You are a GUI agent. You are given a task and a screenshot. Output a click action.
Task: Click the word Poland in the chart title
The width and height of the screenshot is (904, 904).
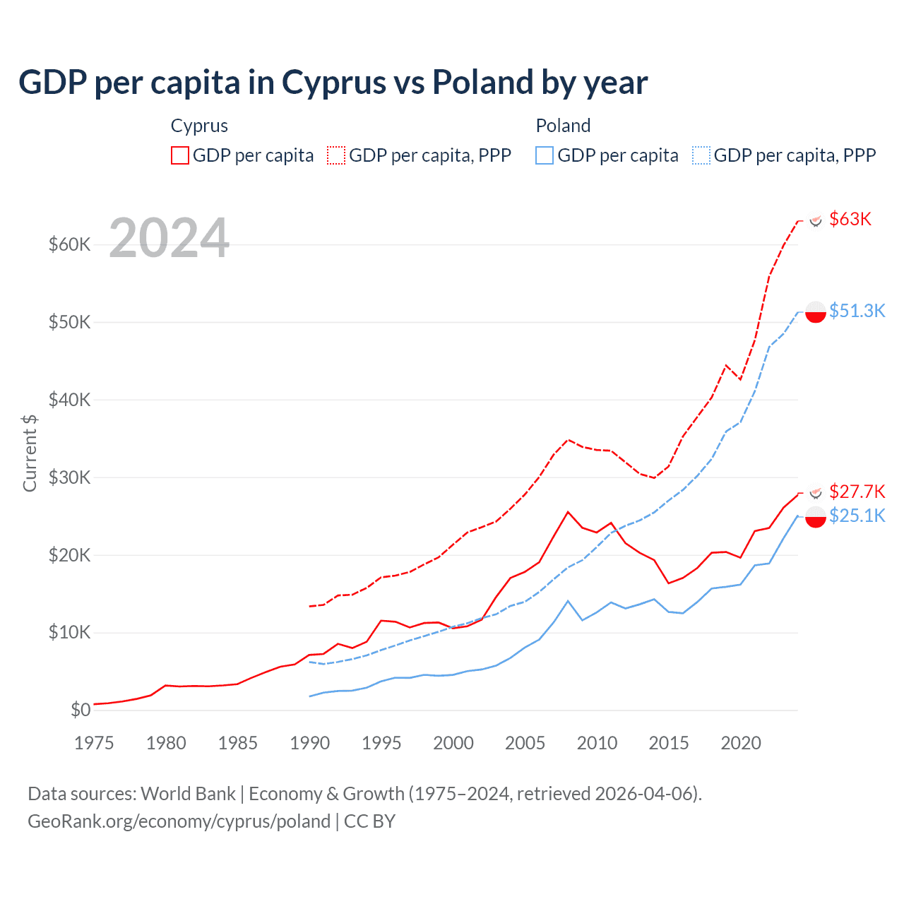482,83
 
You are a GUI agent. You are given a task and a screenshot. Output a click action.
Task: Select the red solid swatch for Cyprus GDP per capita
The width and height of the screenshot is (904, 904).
180,155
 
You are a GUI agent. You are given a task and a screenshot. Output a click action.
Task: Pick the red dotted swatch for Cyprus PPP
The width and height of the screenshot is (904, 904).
336,155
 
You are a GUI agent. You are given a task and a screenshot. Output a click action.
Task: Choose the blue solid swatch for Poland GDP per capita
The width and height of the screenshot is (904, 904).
545,155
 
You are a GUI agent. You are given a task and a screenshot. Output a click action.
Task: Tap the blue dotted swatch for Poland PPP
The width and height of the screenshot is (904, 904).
701,155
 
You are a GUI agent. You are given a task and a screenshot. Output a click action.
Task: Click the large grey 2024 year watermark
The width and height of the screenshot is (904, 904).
169,238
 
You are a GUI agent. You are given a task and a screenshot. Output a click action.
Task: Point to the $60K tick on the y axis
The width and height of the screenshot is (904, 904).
69,245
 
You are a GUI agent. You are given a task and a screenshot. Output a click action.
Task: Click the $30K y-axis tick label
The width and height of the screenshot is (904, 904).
69,477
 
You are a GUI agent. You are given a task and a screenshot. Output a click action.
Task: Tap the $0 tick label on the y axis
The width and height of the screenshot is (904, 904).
81,710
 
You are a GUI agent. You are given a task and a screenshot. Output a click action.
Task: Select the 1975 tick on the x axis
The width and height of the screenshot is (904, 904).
94,743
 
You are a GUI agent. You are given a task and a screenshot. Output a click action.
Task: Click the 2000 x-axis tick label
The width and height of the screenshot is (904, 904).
453,743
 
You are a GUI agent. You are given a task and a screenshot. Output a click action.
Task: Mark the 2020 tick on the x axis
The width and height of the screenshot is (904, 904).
741,743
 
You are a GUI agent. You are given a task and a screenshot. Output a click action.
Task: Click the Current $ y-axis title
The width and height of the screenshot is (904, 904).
30,453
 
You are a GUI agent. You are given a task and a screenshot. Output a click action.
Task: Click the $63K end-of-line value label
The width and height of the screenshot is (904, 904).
850,219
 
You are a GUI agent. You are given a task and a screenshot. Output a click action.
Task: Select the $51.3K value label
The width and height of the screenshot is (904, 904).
857,311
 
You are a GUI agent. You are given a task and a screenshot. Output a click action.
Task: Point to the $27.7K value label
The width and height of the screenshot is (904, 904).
857,492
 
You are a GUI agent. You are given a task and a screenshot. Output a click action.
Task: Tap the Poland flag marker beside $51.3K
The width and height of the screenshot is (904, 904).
816,311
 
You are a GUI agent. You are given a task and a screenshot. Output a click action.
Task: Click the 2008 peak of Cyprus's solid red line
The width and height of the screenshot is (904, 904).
568,512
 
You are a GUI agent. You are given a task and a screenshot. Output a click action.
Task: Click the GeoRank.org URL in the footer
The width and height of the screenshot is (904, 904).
179,821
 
